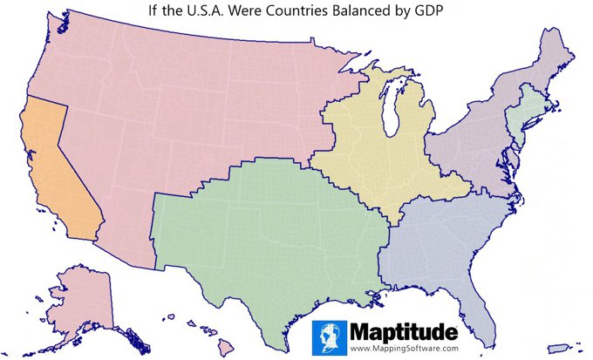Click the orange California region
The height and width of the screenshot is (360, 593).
pyautogui.click(x=57, y=174)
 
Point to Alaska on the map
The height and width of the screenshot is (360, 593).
pyautogui.click(x=83, y=301)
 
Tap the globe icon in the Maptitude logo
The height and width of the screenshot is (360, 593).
pyautogui.click(x=330, y=336)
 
